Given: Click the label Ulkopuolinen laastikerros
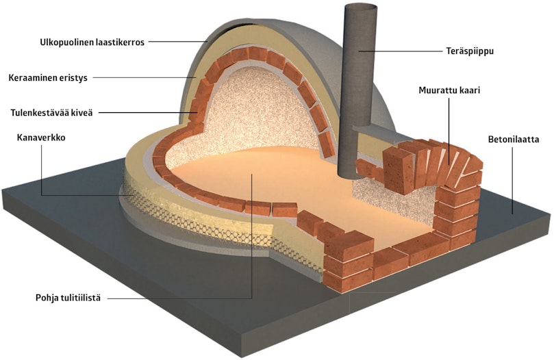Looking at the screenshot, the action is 92,42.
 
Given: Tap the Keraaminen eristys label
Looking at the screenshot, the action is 48,78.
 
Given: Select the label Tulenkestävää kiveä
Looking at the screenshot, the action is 51,113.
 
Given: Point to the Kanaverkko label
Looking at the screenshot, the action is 41,138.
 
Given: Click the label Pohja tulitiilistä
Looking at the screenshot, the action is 68,298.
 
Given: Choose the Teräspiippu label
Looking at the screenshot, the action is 470,51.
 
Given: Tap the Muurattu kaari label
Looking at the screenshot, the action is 449,90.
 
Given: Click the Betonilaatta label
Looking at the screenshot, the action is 514,139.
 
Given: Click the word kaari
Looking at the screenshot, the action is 470,90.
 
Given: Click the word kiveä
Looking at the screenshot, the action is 82,113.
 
